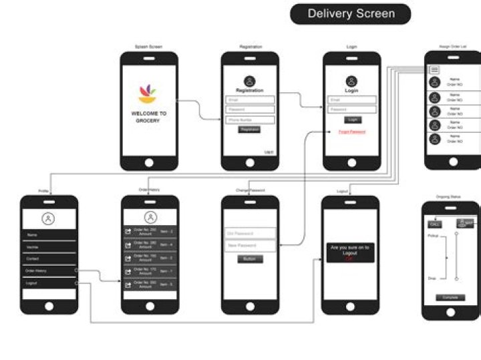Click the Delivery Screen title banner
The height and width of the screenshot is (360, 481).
click(351, 13)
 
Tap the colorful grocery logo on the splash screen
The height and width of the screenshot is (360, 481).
click(149, 94)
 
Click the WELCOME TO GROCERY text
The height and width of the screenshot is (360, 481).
click(149, 117)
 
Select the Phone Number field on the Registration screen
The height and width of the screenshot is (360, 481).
click(250, 120)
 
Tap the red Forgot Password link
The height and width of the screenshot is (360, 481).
click(351, 132)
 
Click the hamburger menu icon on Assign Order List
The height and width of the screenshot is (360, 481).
click(434, 69)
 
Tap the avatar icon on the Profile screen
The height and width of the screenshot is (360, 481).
click(48, 218)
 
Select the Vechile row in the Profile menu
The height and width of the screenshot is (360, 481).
click(49, 247)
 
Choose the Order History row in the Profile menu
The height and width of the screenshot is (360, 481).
click(49, 271)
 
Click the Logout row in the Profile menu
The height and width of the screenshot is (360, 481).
click(49, 283)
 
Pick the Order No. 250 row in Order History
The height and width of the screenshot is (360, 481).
click(150, 231)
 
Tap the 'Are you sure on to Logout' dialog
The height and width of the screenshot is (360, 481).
click(349, 252)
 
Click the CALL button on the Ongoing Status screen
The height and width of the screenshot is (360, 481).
click(435, 223)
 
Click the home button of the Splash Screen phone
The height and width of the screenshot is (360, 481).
click(149, 162)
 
